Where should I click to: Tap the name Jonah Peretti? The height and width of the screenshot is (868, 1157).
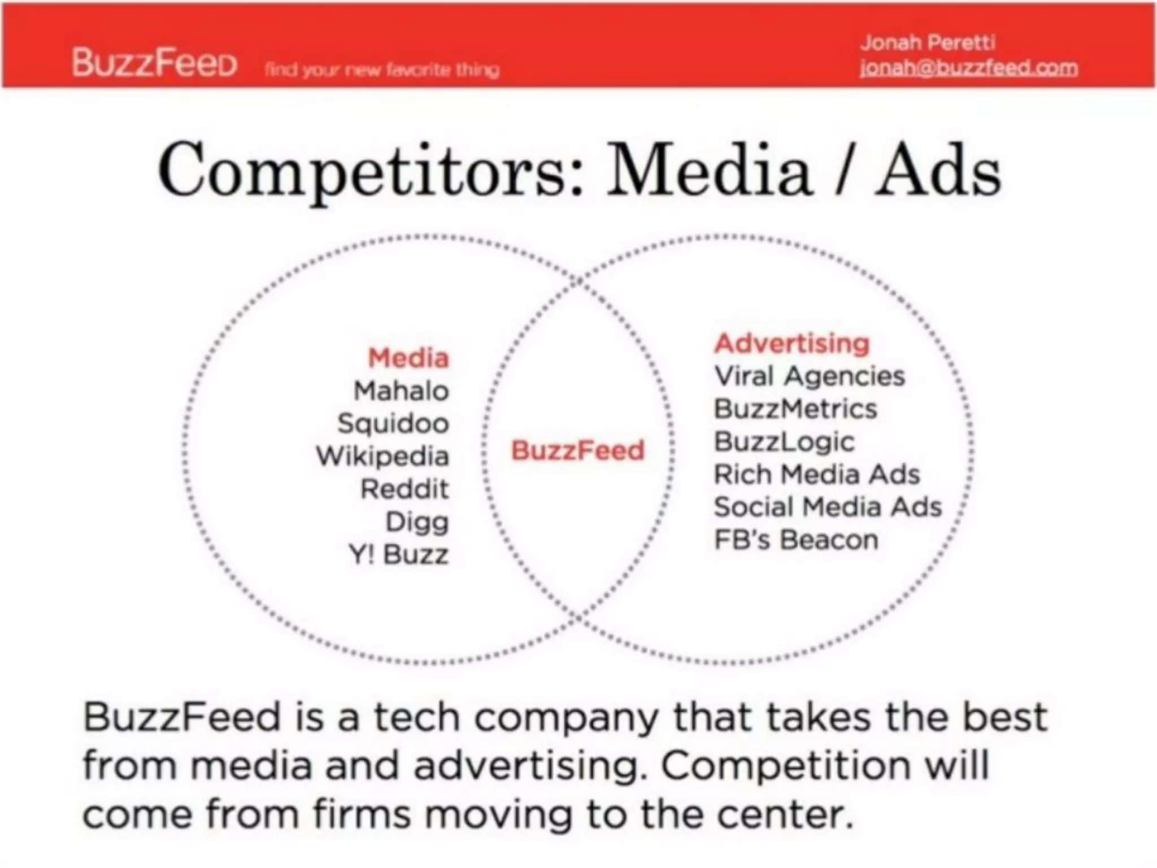tap(927, 42)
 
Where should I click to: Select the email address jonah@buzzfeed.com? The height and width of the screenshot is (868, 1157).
tap(968, 68)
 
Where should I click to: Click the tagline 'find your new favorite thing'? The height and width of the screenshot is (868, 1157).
tap(382, 70)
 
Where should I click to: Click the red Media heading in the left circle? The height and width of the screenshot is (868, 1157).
tap(408, 358)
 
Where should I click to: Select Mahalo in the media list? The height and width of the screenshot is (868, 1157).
tap(401, 391)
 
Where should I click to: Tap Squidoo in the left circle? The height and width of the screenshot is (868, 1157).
tap(393, 424)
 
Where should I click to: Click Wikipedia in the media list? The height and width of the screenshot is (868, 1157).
tap(382, 457)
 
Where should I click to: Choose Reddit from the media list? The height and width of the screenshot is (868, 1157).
tap(404, 489)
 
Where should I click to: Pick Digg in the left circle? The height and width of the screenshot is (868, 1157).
tap(417, 522)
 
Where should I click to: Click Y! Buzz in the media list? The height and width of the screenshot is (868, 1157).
tap(399, 555)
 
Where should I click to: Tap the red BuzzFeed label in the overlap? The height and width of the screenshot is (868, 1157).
tap(577, 451)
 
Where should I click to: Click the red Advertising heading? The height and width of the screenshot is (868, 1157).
tap(792, 344)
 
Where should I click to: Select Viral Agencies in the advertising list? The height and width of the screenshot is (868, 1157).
tap(810, 376)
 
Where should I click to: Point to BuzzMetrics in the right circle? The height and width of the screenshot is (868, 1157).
tap(795, 409)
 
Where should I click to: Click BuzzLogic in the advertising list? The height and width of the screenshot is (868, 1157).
tap(784, 442)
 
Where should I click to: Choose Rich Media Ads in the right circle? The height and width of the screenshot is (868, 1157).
tap(817, 475)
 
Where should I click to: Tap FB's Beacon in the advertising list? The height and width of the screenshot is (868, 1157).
tap(797, 540)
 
